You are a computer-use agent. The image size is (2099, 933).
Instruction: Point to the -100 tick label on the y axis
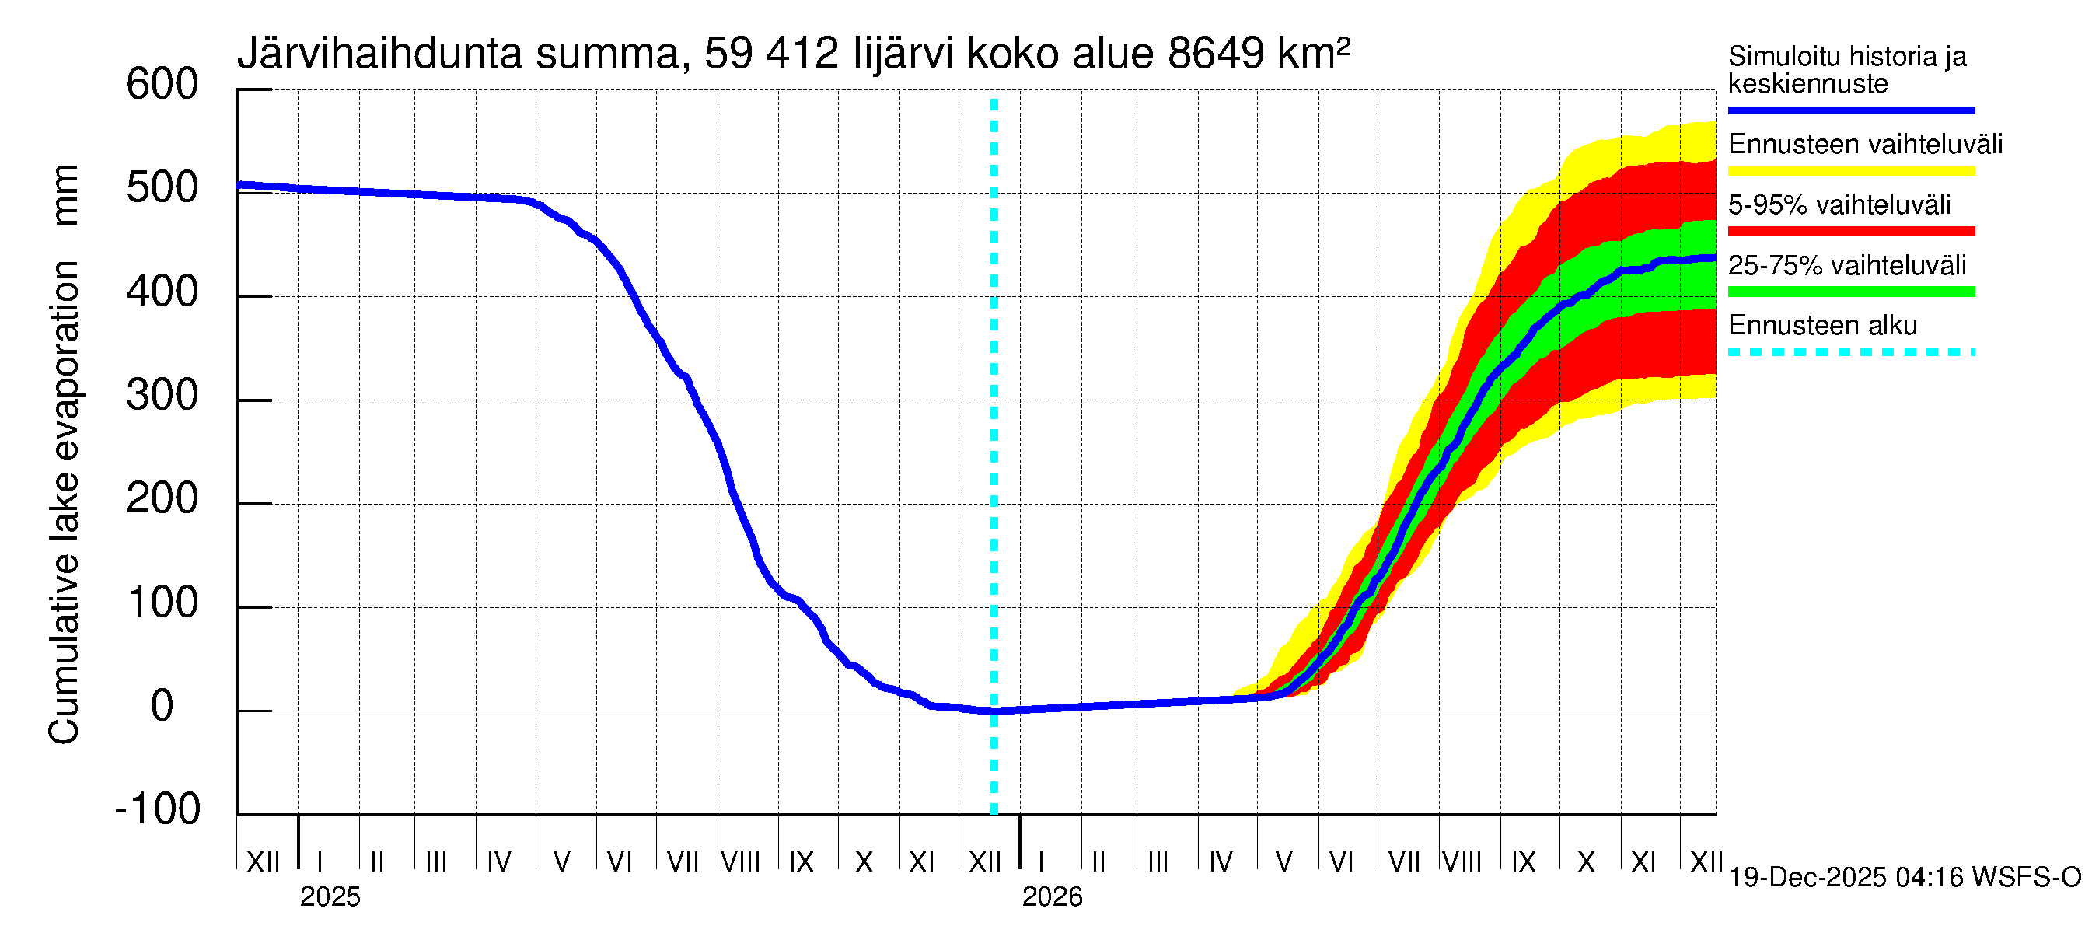click(x=158, y=809)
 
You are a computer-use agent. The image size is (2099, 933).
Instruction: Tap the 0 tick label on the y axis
click(x=162, y=706)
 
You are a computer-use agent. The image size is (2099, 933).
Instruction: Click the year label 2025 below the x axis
click(x=329, y=897)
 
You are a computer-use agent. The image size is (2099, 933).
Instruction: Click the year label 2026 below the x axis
click(x=1051, y=897)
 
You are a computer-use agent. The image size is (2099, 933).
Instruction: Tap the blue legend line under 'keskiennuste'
click(x=1850, y=110)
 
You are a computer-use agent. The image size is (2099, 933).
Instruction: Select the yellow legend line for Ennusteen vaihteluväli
click(x=1850, y=171)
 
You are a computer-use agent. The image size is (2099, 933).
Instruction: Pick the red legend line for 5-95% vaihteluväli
click(x=1850, y=232)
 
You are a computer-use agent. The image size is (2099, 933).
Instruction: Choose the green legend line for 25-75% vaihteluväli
click(x=1850, y=292)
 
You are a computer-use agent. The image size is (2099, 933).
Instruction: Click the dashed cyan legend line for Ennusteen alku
click(x=1850, y=353)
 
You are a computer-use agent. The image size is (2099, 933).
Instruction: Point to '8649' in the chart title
click(x=1215, y=54)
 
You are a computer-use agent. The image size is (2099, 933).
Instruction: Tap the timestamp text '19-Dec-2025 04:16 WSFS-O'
click(x=1904, y=878)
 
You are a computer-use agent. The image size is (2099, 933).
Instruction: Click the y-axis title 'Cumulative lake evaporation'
click(x=64, y=502)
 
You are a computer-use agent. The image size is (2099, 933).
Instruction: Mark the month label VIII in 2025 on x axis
click(x=740, y=862)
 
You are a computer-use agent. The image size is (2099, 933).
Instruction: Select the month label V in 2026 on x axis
click(x=1283, y=862)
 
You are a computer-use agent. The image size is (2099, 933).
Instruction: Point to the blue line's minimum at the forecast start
click(x=994, y=711)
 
